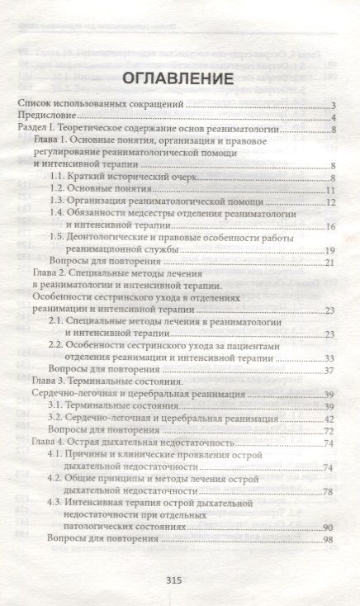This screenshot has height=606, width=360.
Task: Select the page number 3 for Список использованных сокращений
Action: click(333, 106)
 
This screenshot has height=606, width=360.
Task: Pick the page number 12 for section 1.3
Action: click(329, 202)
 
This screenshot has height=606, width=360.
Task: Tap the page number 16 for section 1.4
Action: click(329, 226)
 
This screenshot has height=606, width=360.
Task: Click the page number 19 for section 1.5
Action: click(329, 250)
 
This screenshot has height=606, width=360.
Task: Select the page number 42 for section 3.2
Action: click(329, 419)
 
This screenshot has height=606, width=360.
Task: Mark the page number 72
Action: click(329, 431)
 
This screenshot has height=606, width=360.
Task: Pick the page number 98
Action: click(329, 540)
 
